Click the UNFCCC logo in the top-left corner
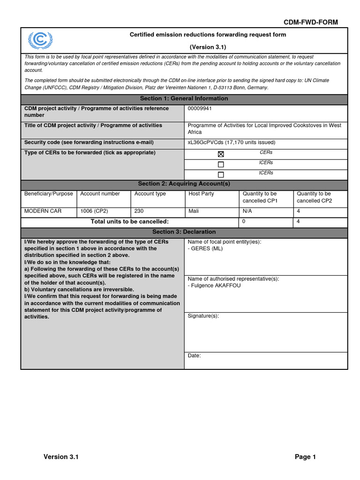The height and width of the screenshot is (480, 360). tap(40, 41)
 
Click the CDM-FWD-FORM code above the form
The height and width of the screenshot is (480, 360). tap(310, 22)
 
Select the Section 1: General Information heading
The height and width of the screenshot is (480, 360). tap(184, 99)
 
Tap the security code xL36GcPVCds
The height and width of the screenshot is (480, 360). tap(205, 142)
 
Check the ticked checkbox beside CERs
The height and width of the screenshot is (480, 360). tap(221, 154)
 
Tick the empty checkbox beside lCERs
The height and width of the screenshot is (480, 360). tap(221, 165)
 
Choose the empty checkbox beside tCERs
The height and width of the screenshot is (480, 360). tap(221, 175)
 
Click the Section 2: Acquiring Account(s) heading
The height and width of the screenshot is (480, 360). tap(184, 184)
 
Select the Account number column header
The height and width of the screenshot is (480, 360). tap(100, 194)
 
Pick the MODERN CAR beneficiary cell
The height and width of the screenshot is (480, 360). tap(43, 211)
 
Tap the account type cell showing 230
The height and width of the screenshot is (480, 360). tap(139, 211)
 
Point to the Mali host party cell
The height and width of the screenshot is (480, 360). tap(193, 211)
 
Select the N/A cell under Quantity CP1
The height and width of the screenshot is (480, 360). tap(247, 211)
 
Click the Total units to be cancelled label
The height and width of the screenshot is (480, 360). tap(129, 222)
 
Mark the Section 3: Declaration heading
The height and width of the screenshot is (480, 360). tap(184, 232)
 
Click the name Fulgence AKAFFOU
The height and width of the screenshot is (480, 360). tap(216, 285)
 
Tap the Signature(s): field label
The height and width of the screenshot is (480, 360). tap(203, 316)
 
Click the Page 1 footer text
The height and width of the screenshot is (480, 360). tap(305, 457)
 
